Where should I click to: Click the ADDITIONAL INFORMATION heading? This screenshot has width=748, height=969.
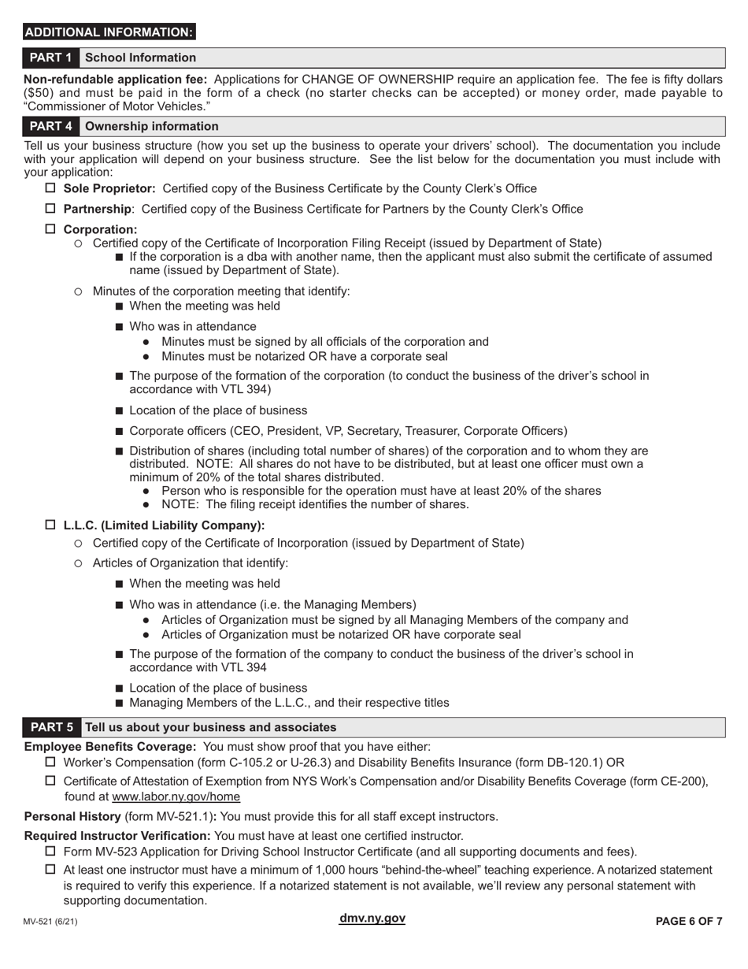[109, 32]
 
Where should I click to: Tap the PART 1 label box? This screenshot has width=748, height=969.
[51, 58]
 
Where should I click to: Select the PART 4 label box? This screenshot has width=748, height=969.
[51, 126]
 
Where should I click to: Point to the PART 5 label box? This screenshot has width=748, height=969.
[51, 727]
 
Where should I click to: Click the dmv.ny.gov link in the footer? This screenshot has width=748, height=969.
[372, 919]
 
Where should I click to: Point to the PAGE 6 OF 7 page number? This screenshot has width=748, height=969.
[689, 922]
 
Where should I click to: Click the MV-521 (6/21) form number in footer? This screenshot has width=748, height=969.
[50, 922]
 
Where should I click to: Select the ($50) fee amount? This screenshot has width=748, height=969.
[39, 93]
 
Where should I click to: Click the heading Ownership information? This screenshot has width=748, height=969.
[151, 126]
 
